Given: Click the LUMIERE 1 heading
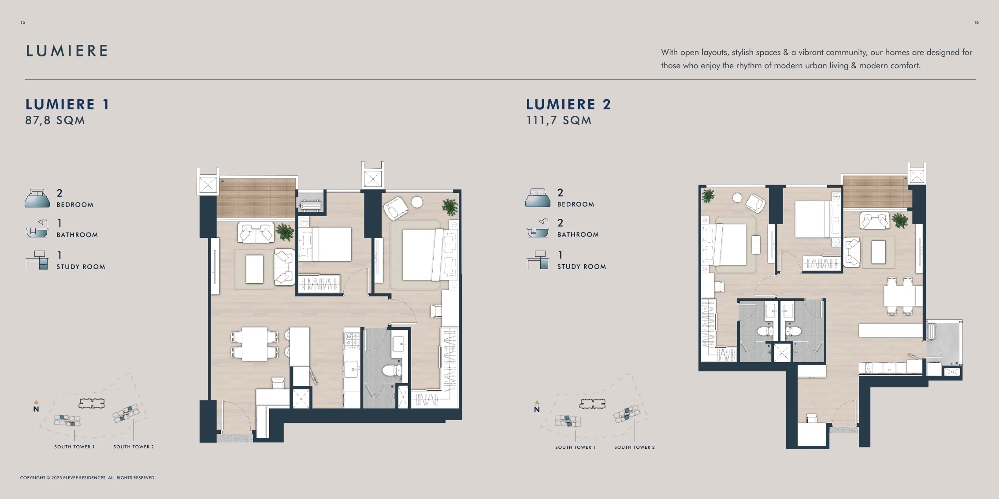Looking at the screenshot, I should click(x=67, y=104).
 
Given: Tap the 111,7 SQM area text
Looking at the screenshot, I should click(x=559, y=120).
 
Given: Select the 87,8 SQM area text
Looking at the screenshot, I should click(x=55, y=120).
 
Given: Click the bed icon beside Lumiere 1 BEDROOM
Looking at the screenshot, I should click(x=37, y=198).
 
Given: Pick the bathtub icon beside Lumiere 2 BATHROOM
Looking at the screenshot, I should click(x=538, y=228).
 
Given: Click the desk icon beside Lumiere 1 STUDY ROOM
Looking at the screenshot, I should click(x=37, y=260).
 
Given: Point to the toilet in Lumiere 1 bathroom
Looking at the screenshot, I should click(x=391, y=370).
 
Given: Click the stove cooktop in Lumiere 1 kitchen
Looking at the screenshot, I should click(x=352, y=339).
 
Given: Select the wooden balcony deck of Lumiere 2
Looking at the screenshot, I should click(x=876, y=191).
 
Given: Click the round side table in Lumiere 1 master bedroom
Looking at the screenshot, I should click(x=417, y=202).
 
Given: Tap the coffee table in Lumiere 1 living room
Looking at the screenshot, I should click(x=254, y=269).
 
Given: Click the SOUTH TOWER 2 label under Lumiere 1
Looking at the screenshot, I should click(x=134, y=447).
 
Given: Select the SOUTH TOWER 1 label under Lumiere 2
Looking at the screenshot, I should click(x=575, y=447).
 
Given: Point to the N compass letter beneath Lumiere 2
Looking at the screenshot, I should click(x=537, y=410).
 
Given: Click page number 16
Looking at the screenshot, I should click(x=976, y=22).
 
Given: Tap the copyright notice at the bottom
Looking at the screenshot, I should click(x=88, y=477).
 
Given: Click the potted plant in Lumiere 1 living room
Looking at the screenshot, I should click(x=285, y=232).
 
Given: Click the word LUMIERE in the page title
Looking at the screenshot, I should click(x=67, y=51).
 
